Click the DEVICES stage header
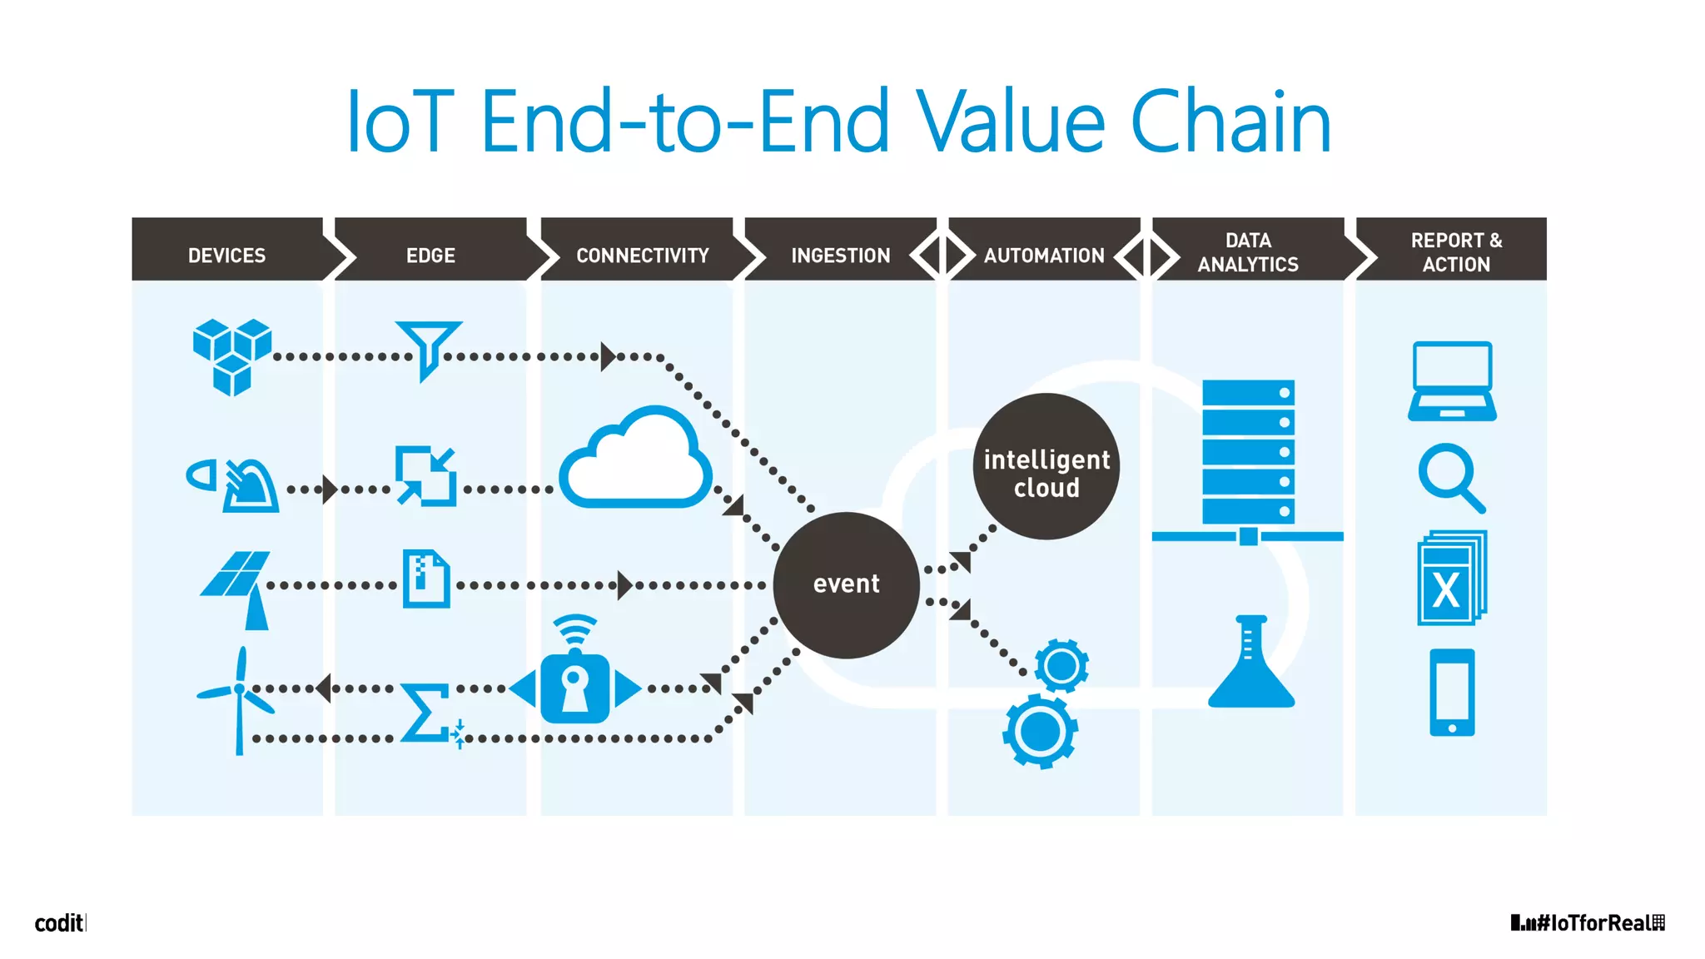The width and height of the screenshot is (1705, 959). pos(226,255)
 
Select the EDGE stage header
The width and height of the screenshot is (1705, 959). pos(430,255)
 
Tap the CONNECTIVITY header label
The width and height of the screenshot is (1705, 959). pos(642,255)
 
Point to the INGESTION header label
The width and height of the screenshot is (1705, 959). pos(840,255)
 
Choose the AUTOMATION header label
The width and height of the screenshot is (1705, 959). pos(1044,255)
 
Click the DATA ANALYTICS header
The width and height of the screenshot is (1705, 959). pos(1248,252)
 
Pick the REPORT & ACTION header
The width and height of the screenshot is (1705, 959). pos(1456,252)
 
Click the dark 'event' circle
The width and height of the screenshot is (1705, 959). pos(846,584)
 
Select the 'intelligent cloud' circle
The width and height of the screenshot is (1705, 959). pos(1046,467)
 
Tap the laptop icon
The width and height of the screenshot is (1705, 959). pos(1452,380)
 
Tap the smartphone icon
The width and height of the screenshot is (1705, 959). pos(1452,693)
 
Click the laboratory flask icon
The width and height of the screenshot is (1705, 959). pos(1250,663)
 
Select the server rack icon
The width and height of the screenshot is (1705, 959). pos(1248,454)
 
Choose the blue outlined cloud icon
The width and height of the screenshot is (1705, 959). pos(635,459)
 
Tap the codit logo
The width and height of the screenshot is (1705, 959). pos(59,922)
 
